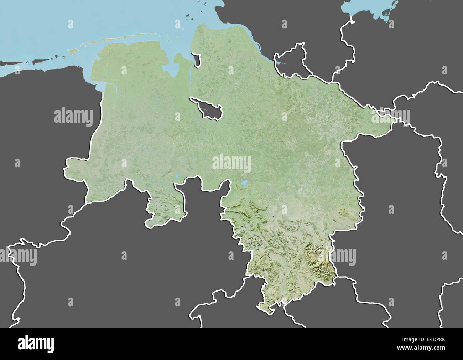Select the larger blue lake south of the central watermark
(x=244, y=183)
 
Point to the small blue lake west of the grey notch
(x=177, y=176)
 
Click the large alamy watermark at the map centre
(x=231, y=164)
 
